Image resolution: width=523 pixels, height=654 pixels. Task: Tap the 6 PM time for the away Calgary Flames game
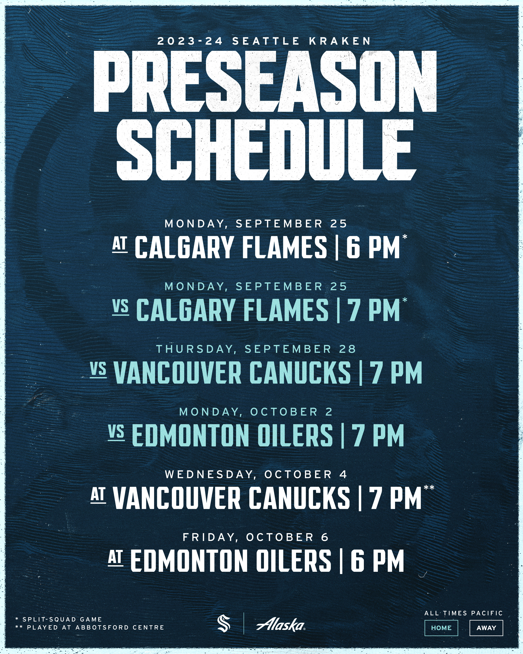[373, 248]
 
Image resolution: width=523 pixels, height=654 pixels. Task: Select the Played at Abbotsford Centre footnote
[89, 627]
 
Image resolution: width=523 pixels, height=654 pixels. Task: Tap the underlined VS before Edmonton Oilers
[116, 432]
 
